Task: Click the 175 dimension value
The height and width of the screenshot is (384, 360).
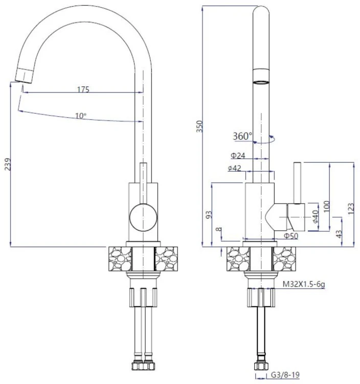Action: click(83, 89)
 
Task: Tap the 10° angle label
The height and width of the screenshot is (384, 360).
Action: click(81, 116)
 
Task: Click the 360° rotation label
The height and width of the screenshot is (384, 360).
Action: click(242, 136)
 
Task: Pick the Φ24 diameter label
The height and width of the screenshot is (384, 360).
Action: click(238, 155)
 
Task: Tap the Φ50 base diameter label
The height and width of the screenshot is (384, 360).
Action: click(291, 236)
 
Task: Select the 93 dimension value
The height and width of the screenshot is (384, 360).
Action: click(208, 215)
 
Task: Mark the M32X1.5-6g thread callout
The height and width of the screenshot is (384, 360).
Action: click(304, 283)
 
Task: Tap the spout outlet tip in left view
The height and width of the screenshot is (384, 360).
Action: click(23, 75)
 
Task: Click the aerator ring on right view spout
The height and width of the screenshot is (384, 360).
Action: click(261, 81)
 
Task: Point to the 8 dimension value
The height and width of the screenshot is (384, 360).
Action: click(219, 231)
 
